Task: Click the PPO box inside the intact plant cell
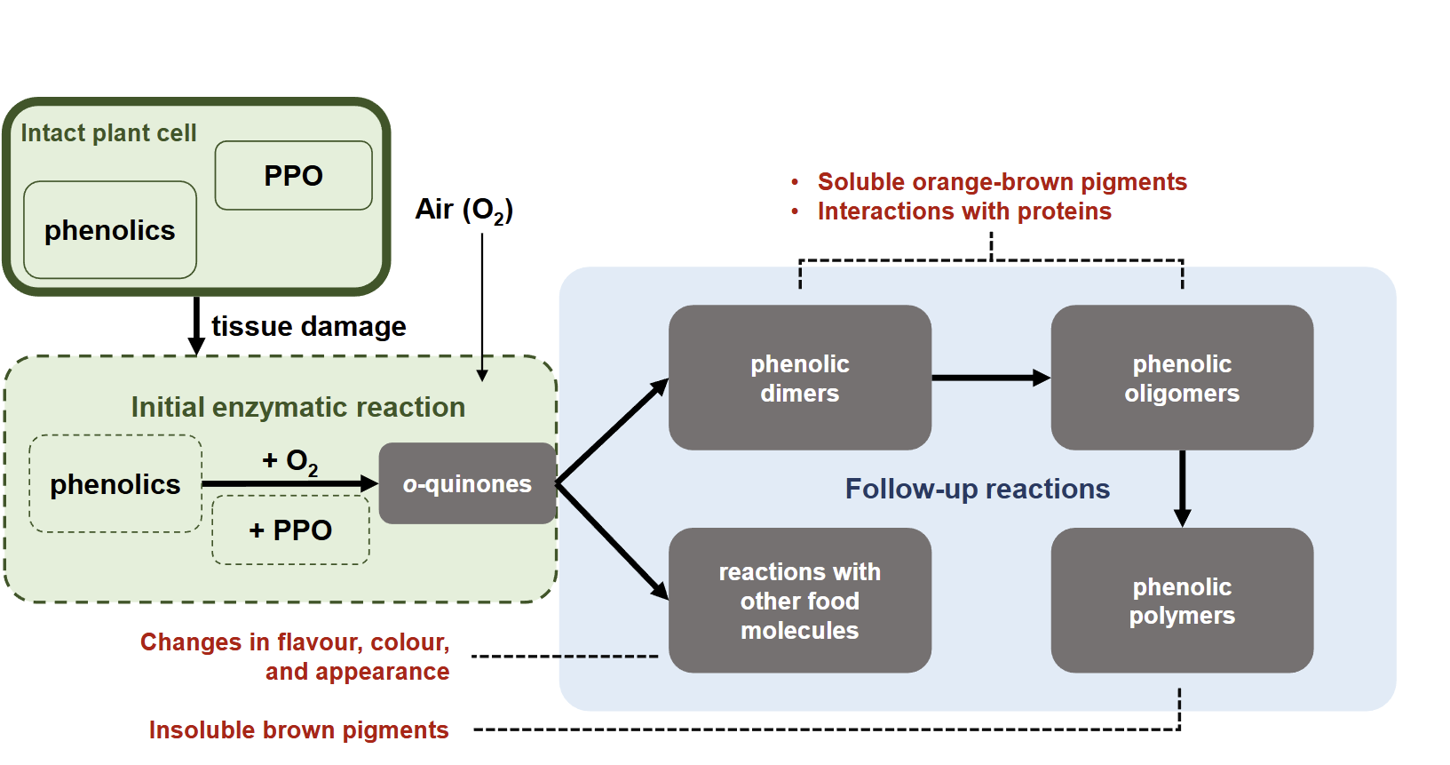[293, 176]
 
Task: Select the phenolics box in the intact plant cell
[110, 230]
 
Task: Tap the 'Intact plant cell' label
[108, 133]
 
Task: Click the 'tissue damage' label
[308, 327]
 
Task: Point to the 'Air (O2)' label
[464, 210]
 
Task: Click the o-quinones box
[467, 483]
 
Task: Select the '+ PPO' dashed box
[290, 530]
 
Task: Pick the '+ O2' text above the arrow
[289, 461]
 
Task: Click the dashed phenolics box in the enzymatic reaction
[115, 484]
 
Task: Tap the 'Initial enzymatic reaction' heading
[297, 407]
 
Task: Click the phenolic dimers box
[799, 379]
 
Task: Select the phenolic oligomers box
[1182, 379]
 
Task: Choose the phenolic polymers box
[1182, 602]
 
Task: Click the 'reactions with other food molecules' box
[799, 602]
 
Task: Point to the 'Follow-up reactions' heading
[977, 489]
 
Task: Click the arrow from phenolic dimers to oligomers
[990, 379]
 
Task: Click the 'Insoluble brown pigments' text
[298, 730]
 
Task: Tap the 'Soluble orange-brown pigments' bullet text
[1002, 182]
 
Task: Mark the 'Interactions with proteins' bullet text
[963, 211]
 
